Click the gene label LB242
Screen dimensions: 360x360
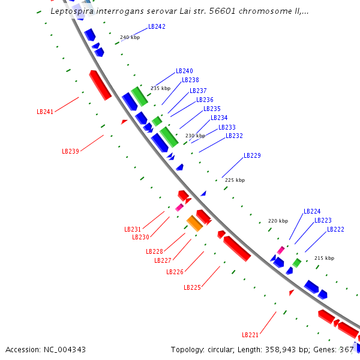pos(157,27)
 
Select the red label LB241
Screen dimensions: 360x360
pos(45,112)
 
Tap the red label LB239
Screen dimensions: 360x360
pos(70,151)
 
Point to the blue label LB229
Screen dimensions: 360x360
pos(252,155)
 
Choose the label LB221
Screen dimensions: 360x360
pos(250,335)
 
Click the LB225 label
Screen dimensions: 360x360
pos(192,287)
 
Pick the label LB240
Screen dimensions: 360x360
pos(184,71)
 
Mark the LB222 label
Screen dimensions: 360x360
pos(335,230)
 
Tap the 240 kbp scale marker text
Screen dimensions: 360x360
pos(130,37)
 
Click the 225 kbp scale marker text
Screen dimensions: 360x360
pos(235,180)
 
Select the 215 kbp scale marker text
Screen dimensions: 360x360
pos(324,258)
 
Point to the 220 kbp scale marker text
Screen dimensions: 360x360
pos(278,221)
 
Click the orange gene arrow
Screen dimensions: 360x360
pos(194,223)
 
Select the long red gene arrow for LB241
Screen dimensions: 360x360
pos(100,85)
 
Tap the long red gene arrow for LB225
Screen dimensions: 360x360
pos(237,248)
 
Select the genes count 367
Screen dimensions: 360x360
pos(346,350)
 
